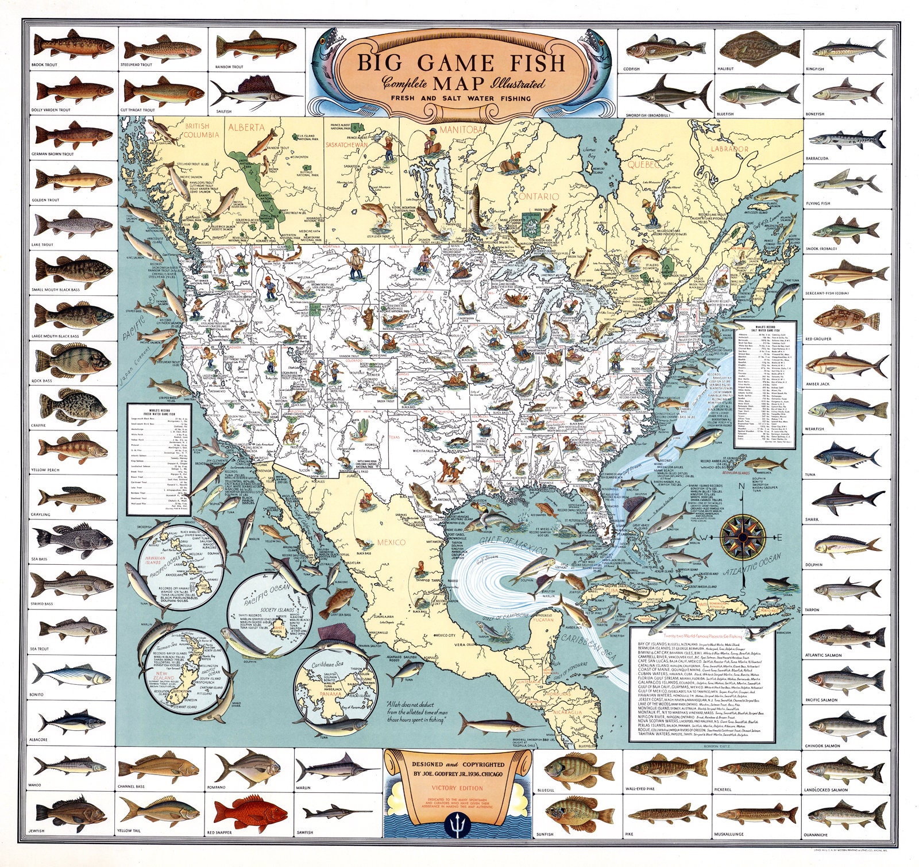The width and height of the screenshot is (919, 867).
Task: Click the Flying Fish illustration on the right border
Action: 848,181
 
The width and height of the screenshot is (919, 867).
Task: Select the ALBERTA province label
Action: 247,128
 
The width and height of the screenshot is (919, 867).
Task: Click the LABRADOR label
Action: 729,149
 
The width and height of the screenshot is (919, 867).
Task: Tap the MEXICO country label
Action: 391,542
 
